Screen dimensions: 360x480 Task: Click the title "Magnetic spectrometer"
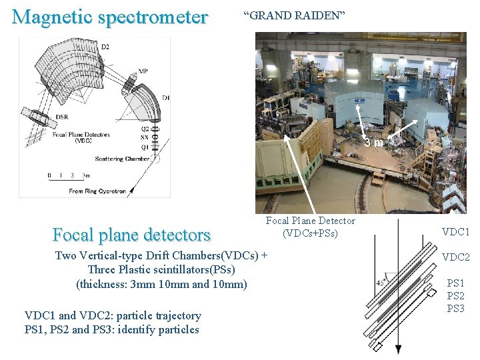click(x=110, y=17)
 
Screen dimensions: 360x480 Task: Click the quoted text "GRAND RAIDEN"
click(x=294, y=15)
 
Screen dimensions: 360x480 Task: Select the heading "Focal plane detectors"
click(x=131, y=235)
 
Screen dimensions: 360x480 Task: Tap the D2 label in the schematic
click(x=105, y=47)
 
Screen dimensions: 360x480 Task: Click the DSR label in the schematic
click(x=61, y=117)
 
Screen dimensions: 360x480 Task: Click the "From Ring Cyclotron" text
click(x=97, y=191)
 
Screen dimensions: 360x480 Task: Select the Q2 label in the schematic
click(x=145, y=128)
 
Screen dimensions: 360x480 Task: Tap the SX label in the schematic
click(x=145, y=136)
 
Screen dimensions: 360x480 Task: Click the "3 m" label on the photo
click(x=374, y=142)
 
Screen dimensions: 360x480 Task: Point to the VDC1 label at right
click(x=456, y=232)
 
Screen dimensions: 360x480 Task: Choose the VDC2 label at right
click(x=456, y=257)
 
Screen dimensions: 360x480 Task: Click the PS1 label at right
click(x=456, y=283)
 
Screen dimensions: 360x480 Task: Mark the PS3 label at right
click(x=456, y=309)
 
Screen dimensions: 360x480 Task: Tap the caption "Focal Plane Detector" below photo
click(x=311, y=221)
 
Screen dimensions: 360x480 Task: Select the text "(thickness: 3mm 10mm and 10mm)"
click(x=161, y=284)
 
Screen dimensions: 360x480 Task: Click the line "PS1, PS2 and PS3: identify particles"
click(x=112, y=329)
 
